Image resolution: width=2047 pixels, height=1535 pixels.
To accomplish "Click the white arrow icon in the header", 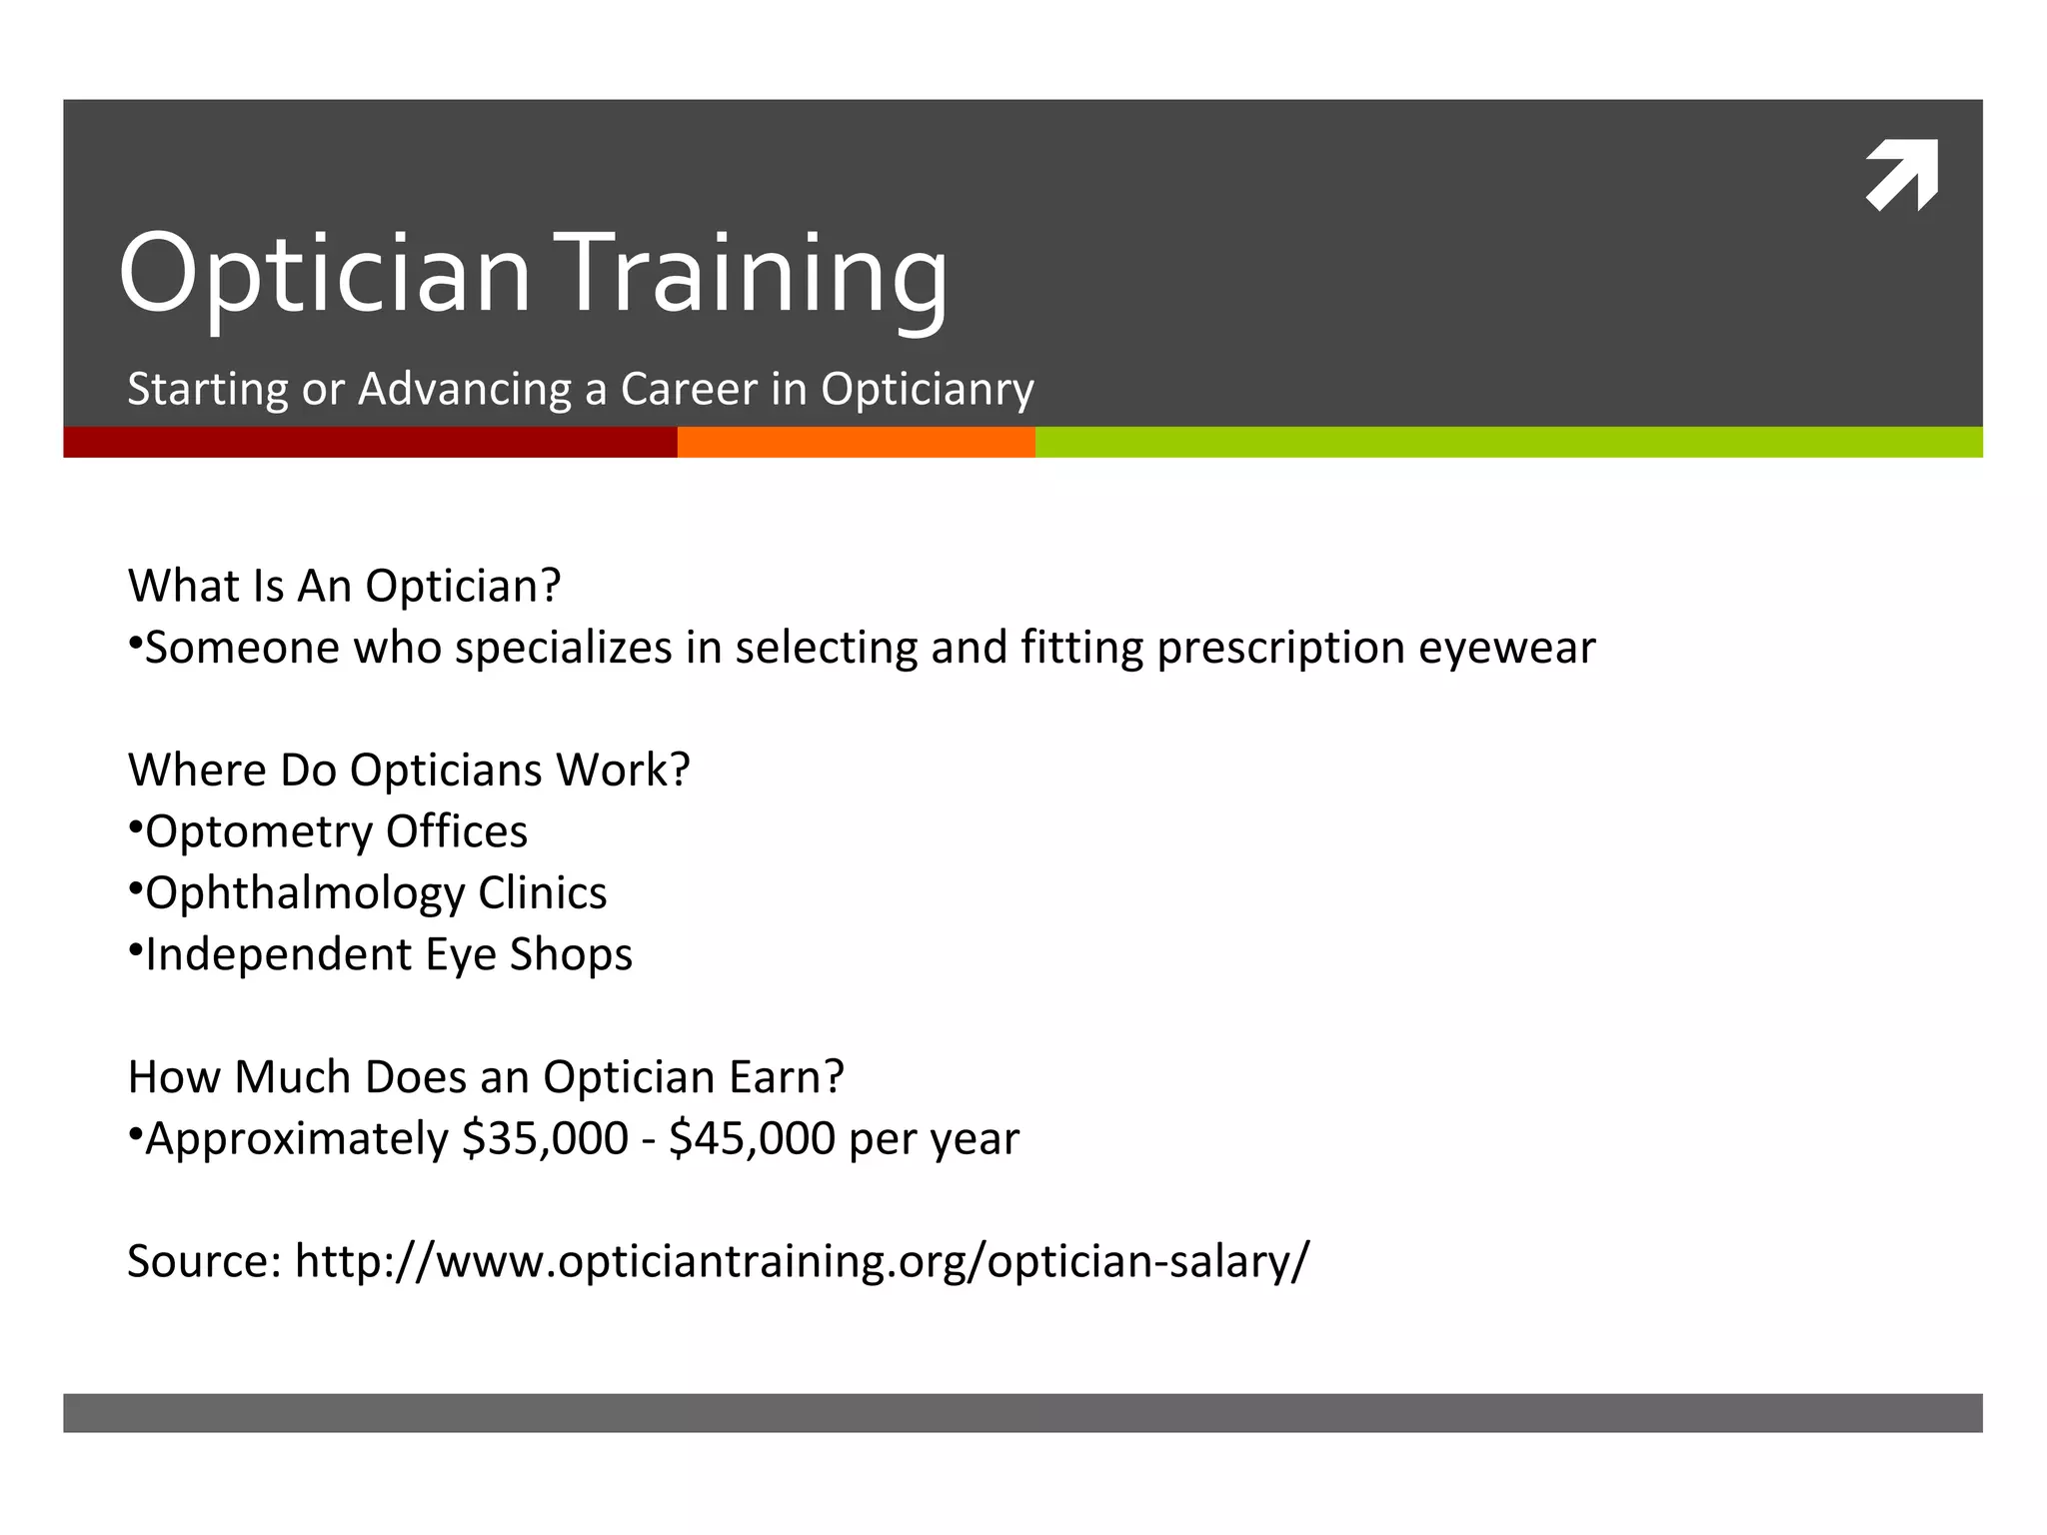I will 1901,176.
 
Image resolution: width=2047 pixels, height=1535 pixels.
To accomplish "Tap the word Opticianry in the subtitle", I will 927,389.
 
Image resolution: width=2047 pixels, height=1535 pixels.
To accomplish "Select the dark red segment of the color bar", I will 370,442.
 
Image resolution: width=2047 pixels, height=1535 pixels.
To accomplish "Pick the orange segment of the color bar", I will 856,442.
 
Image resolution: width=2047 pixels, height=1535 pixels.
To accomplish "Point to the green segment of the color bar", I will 1508,442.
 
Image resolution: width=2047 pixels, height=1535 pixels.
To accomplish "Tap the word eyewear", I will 1506,648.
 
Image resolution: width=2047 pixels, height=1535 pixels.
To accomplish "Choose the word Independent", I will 278,954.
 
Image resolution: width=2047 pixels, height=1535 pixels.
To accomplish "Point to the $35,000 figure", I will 545,1138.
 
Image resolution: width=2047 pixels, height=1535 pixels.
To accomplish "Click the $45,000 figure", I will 752,1138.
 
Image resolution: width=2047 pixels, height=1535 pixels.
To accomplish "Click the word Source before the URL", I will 204,1261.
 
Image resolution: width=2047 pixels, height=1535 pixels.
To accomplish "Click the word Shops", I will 571,954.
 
